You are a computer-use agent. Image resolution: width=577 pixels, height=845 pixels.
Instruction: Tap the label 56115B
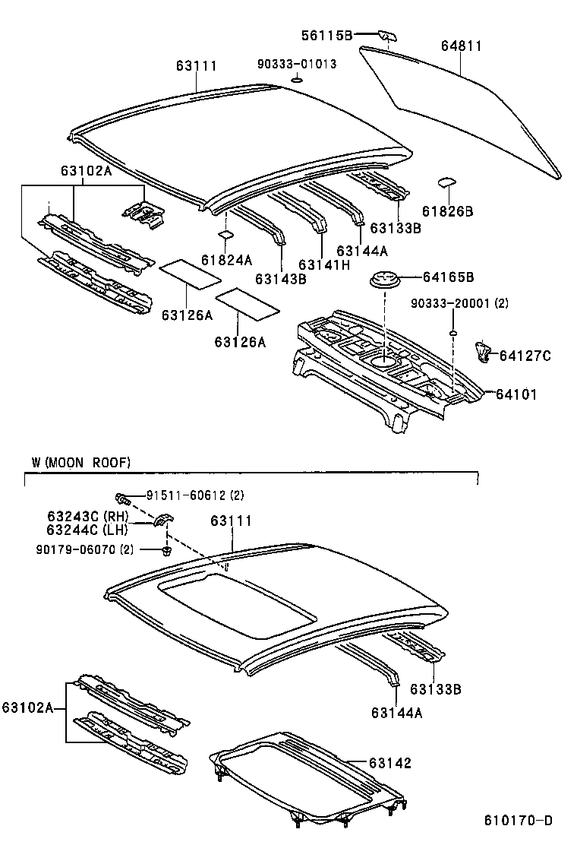pyautogui.click(x=326, y=35)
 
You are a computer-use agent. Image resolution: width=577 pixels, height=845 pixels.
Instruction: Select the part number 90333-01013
pyautogui.click(x=296, y=65)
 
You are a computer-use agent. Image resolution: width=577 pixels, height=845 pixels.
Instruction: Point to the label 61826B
pyautogui.click(x=447, y=211)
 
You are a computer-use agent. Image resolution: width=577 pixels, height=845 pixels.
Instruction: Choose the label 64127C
pyautogui.click(x=525, y=354)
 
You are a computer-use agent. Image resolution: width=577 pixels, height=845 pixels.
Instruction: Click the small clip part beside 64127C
pyautogui.click(x=481, y=351)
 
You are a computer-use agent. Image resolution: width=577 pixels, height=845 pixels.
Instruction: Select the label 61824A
pyautogui.click(x=226, y=260)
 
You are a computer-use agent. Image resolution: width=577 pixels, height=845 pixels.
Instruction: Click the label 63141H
pyautogui.click(x=324, y=264)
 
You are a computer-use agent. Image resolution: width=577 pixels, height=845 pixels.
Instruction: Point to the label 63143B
pyautogui.click(x=281, y=280)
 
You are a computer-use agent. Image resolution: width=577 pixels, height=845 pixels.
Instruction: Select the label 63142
pyautogui.click(x=390, y=763)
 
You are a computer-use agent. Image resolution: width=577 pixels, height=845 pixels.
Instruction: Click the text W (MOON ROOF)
pyautogui.click(x=81, y=462)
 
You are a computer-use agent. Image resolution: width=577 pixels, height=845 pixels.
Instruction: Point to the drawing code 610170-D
pyautogui.click(x=519, y=821)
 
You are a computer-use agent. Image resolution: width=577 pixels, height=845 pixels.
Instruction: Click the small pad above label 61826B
pyautogui.click(x=446, y=182)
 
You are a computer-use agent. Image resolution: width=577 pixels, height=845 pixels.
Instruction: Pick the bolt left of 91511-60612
pyautogui.click(x=121, y=498)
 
